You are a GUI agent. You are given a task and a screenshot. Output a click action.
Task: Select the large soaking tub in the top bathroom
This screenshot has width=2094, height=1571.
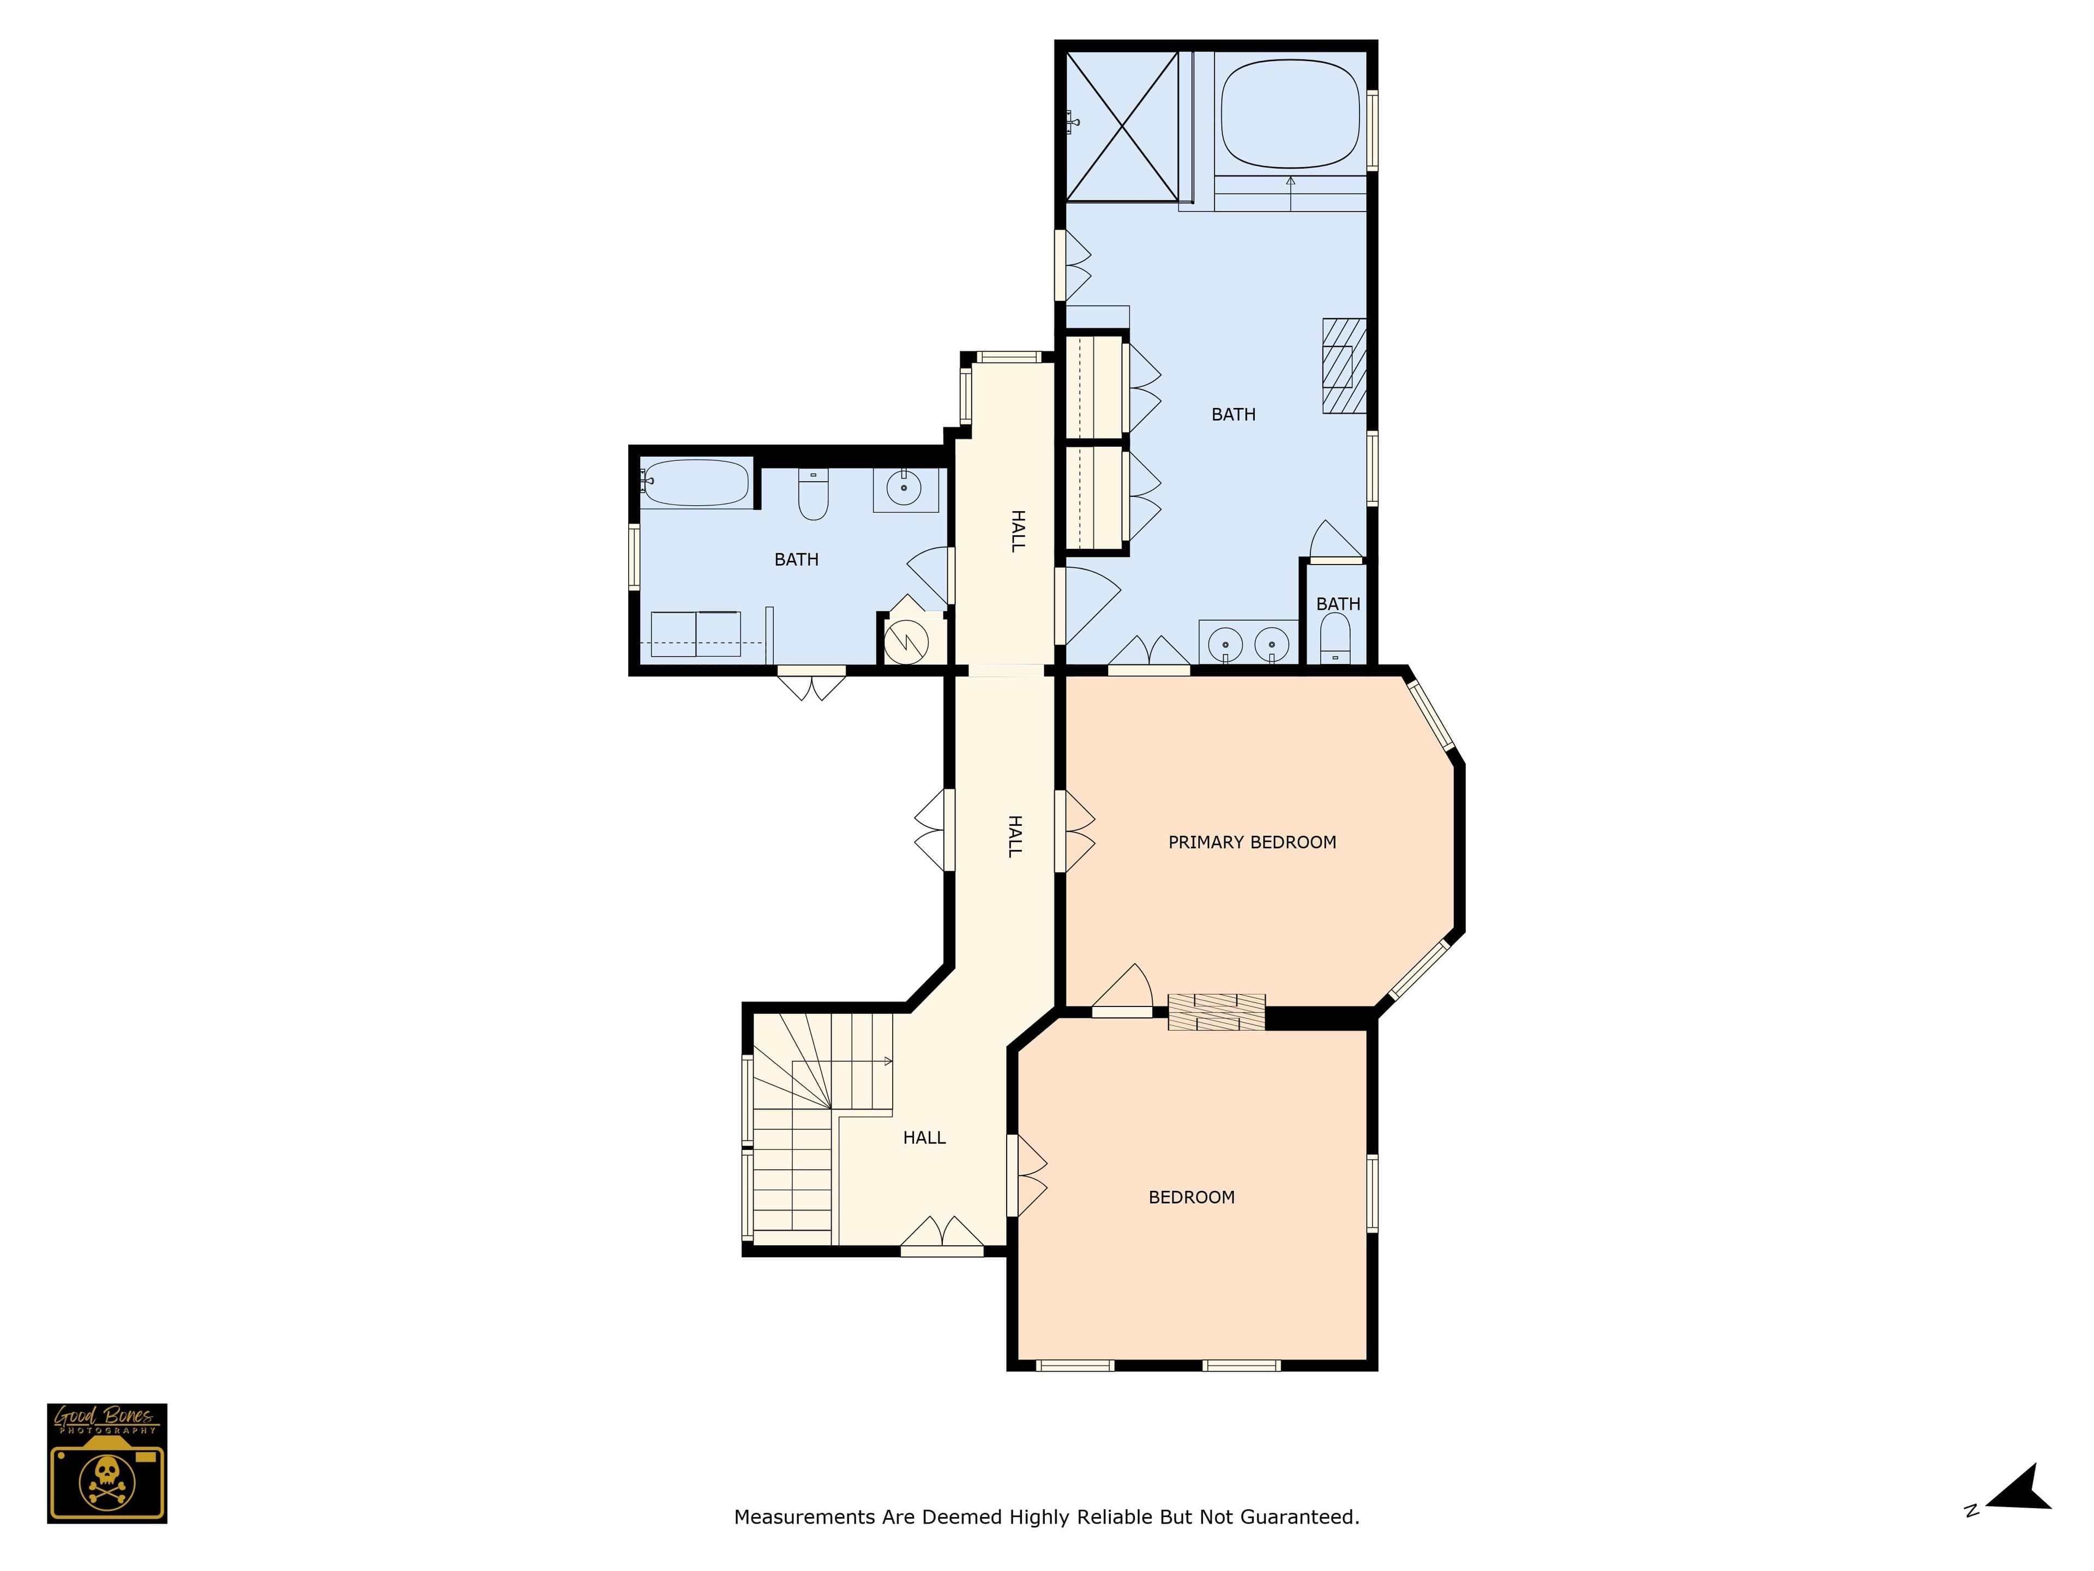pyautogui.click(x=1290, y=113)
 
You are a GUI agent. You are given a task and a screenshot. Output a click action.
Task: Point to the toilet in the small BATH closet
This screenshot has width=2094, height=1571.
pyautogui.click(x=1335, y=637)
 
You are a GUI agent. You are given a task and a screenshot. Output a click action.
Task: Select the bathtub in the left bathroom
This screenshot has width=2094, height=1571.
pyautogui.click(x=696, y=482)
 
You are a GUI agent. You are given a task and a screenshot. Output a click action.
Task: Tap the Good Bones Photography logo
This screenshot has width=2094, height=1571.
pyautogui.click(x=107, y=1463)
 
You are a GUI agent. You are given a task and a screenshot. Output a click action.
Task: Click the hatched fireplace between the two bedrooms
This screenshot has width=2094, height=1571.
pyautogui.click(x=1217, y=1011)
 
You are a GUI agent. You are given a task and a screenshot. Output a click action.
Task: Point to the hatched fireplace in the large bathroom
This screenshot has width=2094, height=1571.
pyautogui.click(x=1344, y=365)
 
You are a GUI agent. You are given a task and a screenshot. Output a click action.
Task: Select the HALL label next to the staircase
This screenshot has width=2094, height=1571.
pyautogui.click(x=924, y=1137)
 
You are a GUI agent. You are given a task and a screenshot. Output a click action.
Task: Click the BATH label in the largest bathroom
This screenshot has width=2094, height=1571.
pyautogui.click(x=1233, y=414)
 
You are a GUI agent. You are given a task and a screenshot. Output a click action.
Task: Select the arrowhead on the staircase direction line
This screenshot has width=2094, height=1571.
pyautogui.click(x=888, y=1060)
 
